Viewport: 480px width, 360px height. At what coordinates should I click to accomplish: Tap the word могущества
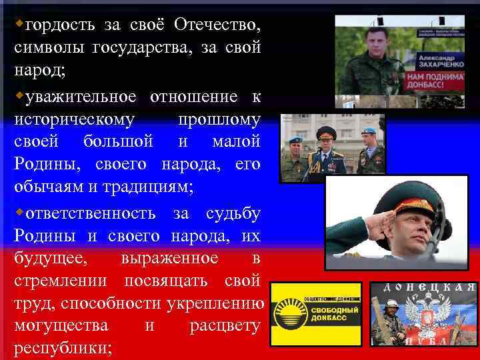(61, 326)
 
